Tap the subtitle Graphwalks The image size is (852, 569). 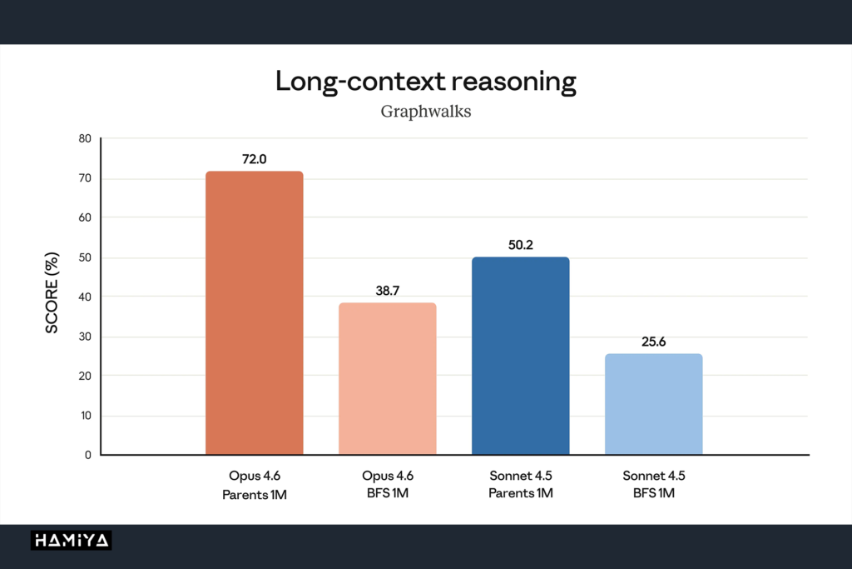425,112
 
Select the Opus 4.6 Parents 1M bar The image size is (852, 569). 255,312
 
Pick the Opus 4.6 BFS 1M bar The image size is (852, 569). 388,378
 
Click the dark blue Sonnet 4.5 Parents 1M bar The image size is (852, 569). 521,356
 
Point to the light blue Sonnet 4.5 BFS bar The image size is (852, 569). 654,404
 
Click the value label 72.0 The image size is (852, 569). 255,159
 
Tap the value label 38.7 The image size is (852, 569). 388,291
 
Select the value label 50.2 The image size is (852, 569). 521,245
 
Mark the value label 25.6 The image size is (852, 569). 654,342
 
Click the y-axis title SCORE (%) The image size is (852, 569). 52,292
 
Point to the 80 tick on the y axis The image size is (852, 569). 85,139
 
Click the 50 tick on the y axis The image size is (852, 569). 85,257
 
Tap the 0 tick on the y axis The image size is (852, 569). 88,456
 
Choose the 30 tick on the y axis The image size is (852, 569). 85,337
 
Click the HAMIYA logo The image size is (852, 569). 72,540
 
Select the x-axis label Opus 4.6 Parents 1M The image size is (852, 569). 255,485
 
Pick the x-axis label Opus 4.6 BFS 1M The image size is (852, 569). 388,484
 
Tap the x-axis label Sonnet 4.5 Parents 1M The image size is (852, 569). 521,484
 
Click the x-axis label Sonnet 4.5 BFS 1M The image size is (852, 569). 654,484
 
